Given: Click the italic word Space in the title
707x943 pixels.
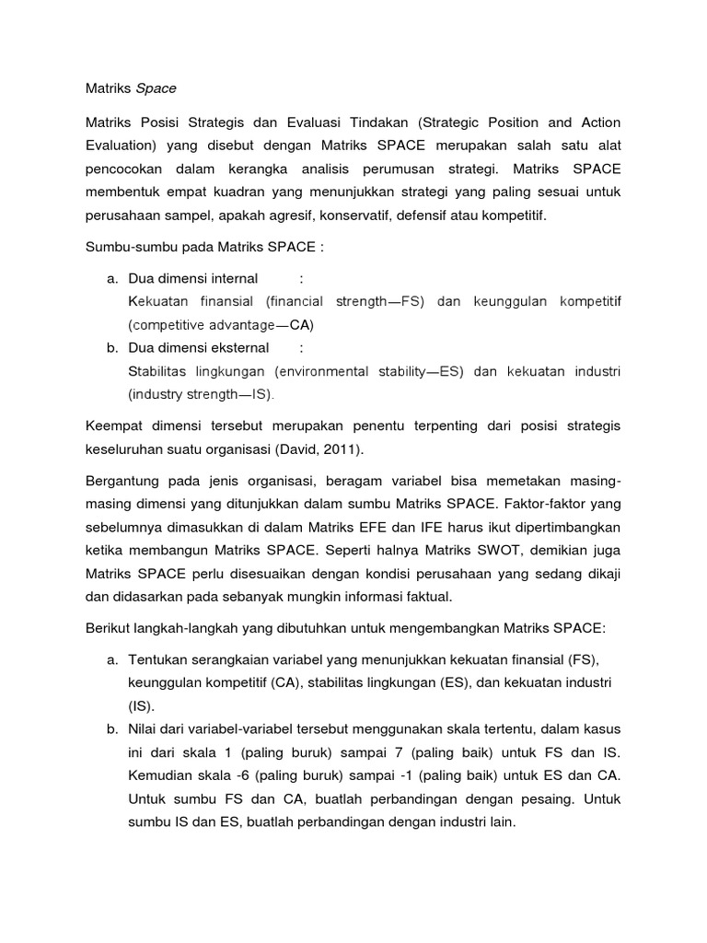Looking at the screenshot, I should click(x=156, y=88).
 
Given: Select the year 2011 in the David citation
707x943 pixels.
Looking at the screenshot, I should click(x=342, y=449).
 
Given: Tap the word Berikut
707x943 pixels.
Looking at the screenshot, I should click(x=107, y=628).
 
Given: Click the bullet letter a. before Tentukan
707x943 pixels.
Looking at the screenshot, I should click(x=112, y=661).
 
